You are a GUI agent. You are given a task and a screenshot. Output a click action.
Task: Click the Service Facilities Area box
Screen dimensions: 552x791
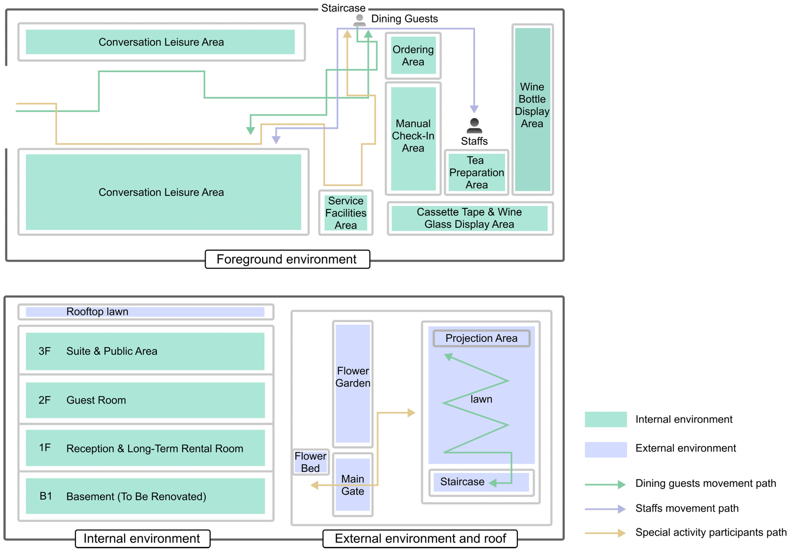pos(346,213)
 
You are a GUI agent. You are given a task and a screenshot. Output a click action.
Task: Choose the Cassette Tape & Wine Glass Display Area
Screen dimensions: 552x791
pos(469,218)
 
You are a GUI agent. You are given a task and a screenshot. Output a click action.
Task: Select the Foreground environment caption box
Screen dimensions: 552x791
pos(287,259)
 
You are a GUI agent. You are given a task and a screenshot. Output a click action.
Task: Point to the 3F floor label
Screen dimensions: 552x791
pos(44,351)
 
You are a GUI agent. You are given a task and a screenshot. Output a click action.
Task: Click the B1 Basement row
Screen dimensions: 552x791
pos(145,496)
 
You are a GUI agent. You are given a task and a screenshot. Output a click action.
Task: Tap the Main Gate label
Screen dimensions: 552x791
pos(352,485)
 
